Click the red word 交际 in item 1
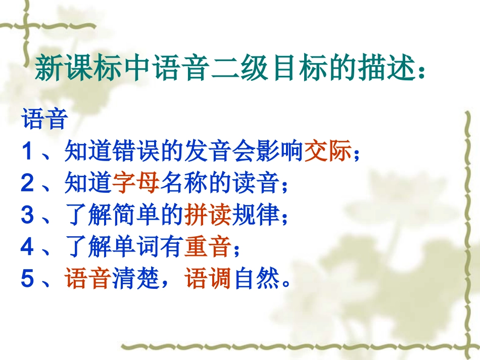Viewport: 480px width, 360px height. (x=328, y=152)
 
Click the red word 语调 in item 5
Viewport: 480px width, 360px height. (x=209, y=279)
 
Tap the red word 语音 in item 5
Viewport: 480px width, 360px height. (x=88, y=279)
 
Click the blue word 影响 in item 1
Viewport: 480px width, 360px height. (x=280, y=152)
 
